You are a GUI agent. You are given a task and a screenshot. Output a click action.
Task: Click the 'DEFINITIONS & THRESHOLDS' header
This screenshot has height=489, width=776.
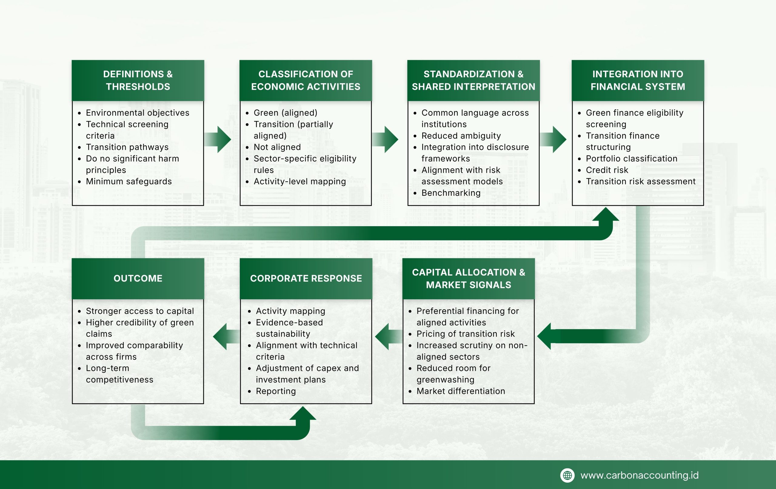(x=138, y=80)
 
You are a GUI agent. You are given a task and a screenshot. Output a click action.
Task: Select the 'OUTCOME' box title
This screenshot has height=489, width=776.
(x=138, y=278)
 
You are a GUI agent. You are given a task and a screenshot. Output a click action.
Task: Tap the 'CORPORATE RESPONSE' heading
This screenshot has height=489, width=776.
(x=306, y=278)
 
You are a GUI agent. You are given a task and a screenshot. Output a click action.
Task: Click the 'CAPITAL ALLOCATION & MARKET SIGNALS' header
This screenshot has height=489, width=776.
(x=468, y=279)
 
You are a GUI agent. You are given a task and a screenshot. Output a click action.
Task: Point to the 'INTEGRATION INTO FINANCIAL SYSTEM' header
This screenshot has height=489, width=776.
(x=637, y=80)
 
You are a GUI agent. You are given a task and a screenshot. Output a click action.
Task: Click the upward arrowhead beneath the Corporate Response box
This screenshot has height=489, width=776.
(x=303, y=414)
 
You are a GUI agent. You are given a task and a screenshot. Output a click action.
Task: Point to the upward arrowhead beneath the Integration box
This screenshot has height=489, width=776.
(x=606, y=215)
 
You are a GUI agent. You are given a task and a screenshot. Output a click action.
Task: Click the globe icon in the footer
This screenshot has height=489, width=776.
(x=567, y=475)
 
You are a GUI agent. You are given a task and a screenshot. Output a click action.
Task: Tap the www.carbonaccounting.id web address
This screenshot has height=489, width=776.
(x=639, y=475)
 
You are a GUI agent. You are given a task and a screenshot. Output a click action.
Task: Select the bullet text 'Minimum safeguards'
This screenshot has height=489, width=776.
(x=129, y=182)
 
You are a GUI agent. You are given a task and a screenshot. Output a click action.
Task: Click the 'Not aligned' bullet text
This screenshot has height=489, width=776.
(x=277, y=147)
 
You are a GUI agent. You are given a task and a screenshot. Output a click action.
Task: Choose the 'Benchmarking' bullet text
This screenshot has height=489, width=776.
(x=451, y=193)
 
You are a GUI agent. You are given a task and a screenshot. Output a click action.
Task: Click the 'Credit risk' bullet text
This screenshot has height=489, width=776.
(x=607, y=170)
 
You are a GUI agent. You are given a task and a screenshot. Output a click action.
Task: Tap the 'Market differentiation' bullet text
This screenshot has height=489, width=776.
(x=460, y=391)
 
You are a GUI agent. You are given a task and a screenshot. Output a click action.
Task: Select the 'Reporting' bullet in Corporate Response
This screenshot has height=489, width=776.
(x=276, y=391)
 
